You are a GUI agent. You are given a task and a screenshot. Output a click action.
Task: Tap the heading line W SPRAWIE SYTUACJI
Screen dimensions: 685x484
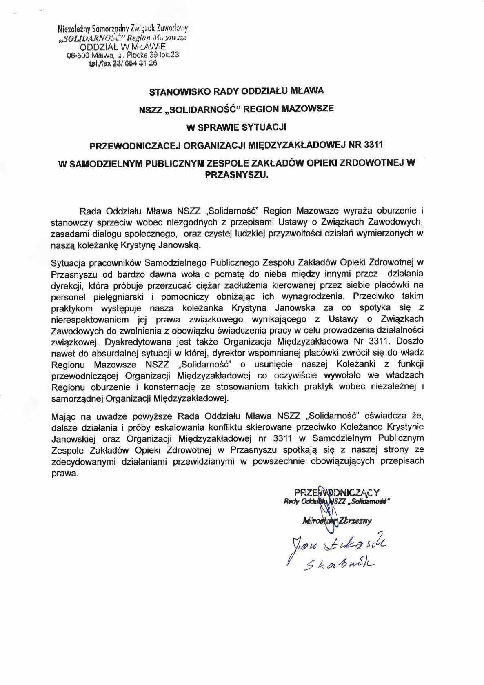pos(236,127)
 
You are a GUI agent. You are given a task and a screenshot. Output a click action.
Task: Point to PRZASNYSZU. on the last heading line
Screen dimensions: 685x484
pos(237,175)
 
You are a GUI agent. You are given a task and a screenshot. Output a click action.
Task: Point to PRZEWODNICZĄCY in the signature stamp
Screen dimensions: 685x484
pos(337,492)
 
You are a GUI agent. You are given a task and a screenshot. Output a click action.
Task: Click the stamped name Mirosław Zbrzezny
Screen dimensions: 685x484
pos(336,520)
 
